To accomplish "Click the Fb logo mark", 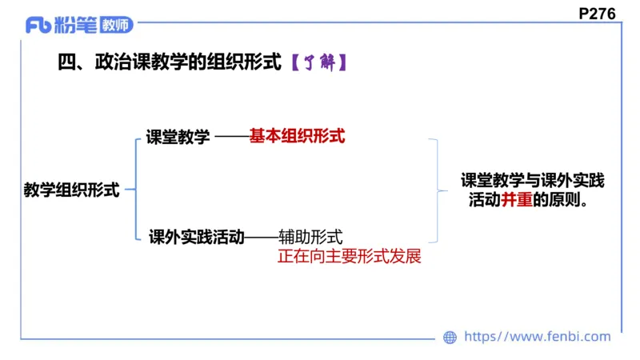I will click(38, 25).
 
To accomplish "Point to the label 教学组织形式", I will click(72, 190).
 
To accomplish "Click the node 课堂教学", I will click(178, 137).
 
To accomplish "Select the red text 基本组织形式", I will click(297, 136).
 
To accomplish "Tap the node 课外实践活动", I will click(196, 236).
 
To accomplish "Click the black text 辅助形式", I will click(310, 236).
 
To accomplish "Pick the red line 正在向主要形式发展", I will click(348, 258).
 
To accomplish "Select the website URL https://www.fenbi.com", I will click(537, 337).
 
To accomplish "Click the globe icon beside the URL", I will click(450, 337).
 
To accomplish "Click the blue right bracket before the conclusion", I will click(434, 190).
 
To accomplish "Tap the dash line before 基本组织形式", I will click(231, 137).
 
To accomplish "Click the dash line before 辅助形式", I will click(261, 237).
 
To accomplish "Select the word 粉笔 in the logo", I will click(76, 26).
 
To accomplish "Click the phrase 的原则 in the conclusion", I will click(558, 201).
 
